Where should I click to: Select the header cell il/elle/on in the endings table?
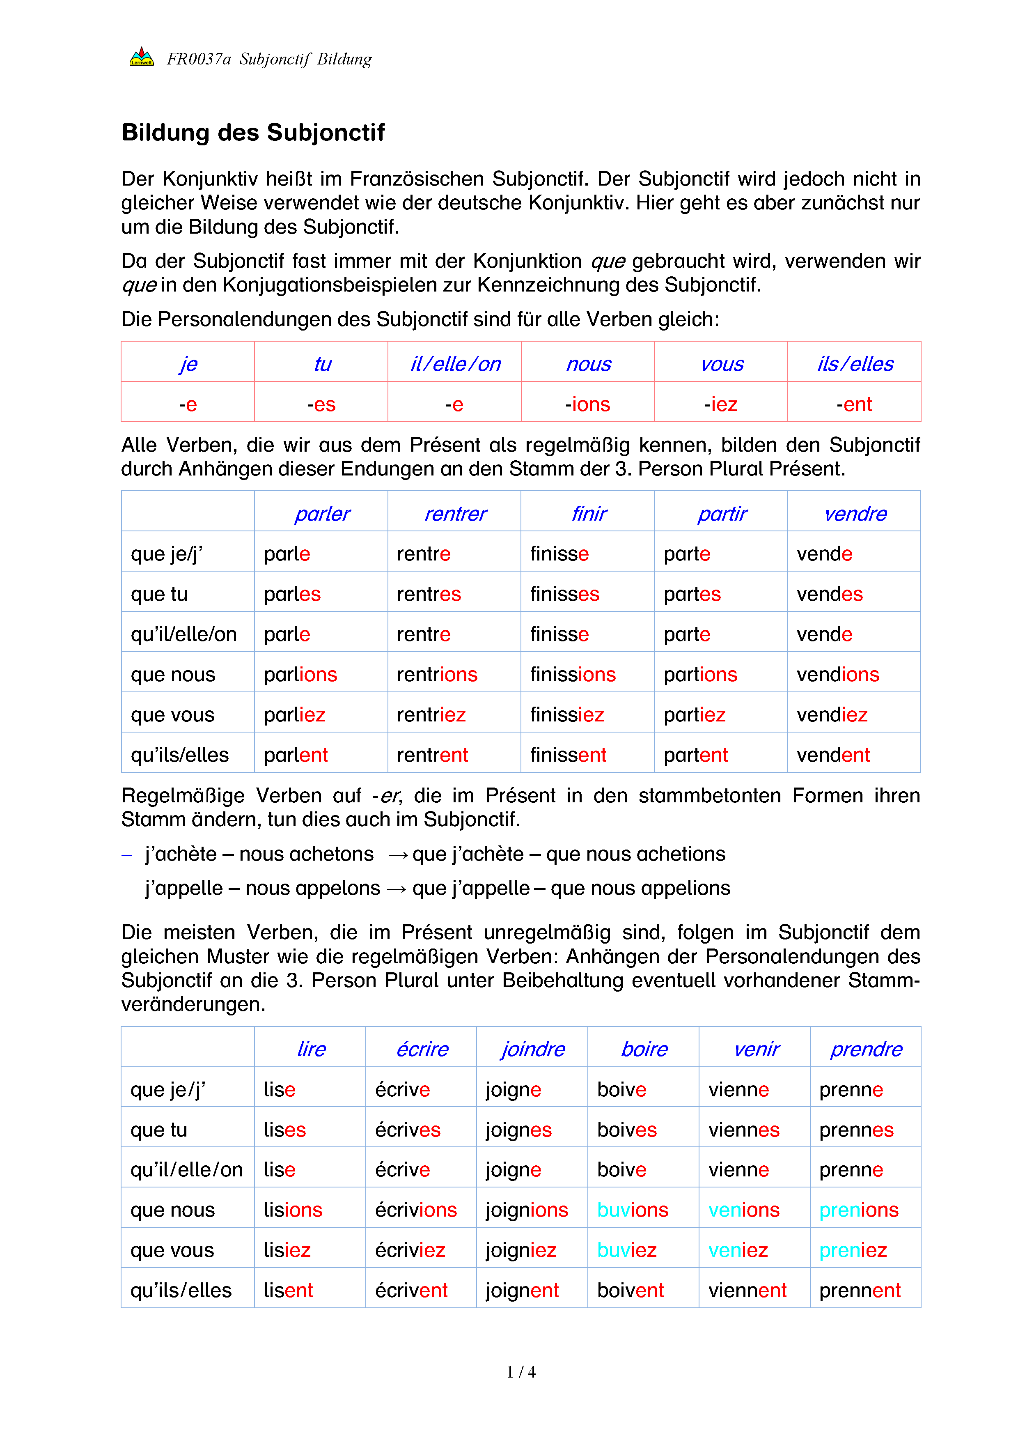tap(455, 364)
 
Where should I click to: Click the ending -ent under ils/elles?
tap(854, 404)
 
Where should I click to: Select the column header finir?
tap(589, 514)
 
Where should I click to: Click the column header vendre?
tap(855, 514)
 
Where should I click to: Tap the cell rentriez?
tap(431, 714)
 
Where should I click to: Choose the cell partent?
tap(696, 755)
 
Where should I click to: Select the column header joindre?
tap(532, 1049)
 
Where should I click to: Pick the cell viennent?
tap(747, 1290)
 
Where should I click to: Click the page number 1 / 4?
tap(521, 1372)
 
